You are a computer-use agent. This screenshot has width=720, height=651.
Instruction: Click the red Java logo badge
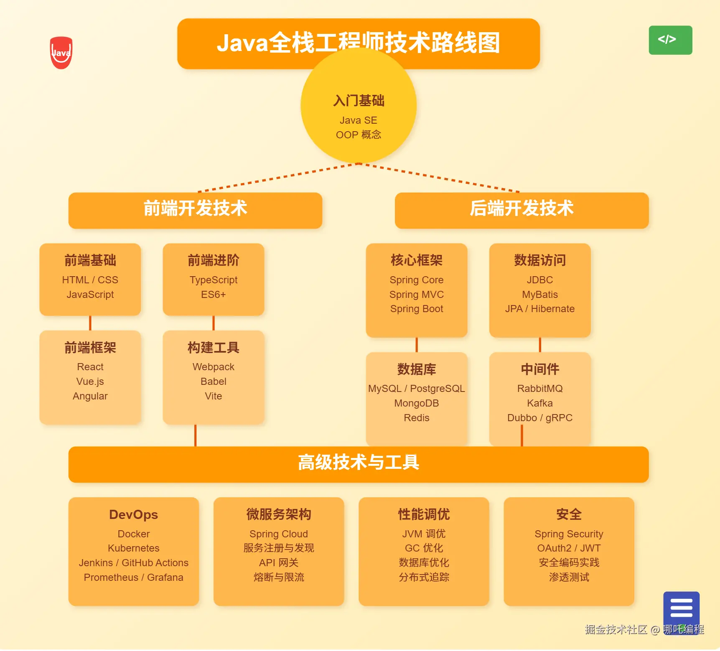(x=61, y=53)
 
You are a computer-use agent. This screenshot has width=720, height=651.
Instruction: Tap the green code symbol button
(x=670, y=40)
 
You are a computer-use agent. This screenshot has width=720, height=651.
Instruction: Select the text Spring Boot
(x=416, y=309)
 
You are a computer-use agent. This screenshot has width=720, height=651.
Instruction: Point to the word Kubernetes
(x=133, y=548)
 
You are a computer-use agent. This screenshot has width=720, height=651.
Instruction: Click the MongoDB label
(x=416, y=403)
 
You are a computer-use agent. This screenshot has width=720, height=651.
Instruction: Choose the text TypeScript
(x=213, y=280)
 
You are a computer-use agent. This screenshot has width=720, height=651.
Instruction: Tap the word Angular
(x=90, y=396)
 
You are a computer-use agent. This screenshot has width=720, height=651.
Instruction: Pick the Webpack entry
(x=213, y=367)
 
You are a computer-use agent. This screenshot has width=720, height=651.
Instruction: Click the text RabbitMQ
(x=539, y=389)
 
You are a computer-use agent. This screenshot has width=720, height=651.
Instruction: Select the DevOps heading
(x=133, y=514)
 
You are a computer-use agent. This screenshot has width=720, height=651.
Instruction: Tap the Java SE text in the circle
(x=358, y=120)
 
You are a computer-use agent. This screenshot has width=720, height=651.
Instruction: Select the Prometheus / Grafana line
(x=133, y=577)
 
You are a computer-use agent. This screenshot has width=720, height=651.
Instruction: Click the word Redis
(x=416, y=418)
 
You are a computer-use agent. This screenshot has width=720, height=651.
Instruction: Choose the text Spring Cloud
(x=278, y=534)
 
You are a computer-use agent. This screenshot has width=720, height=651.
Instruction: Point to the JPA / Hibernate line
(x=539, y=309)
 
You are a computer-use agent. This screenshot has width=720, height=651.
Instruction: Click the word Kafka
(x=539, y=403)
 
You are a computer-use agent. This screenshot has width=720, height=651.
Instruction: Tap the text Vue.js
(x=90, y=381)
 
